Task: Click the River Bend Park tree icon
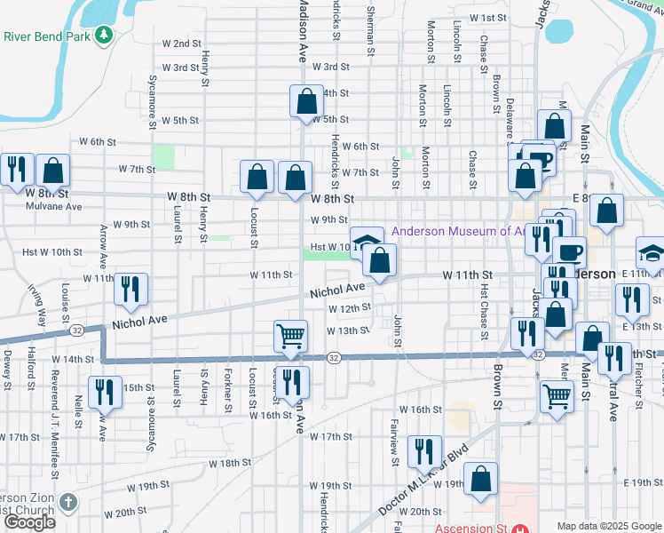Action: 106,35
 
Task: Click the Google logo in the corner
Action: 29,522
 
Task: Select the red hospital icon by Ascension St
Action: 517,528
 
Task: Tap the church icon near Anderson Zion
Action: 69,505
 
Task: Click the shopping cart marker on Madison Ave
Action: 290,337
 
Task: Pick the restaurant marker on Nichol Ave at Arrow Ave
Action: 130,290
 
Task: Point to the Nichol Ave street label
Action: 337,290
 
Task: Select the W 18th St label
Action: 230,463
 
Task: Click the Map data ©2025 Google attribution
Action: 608,526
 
